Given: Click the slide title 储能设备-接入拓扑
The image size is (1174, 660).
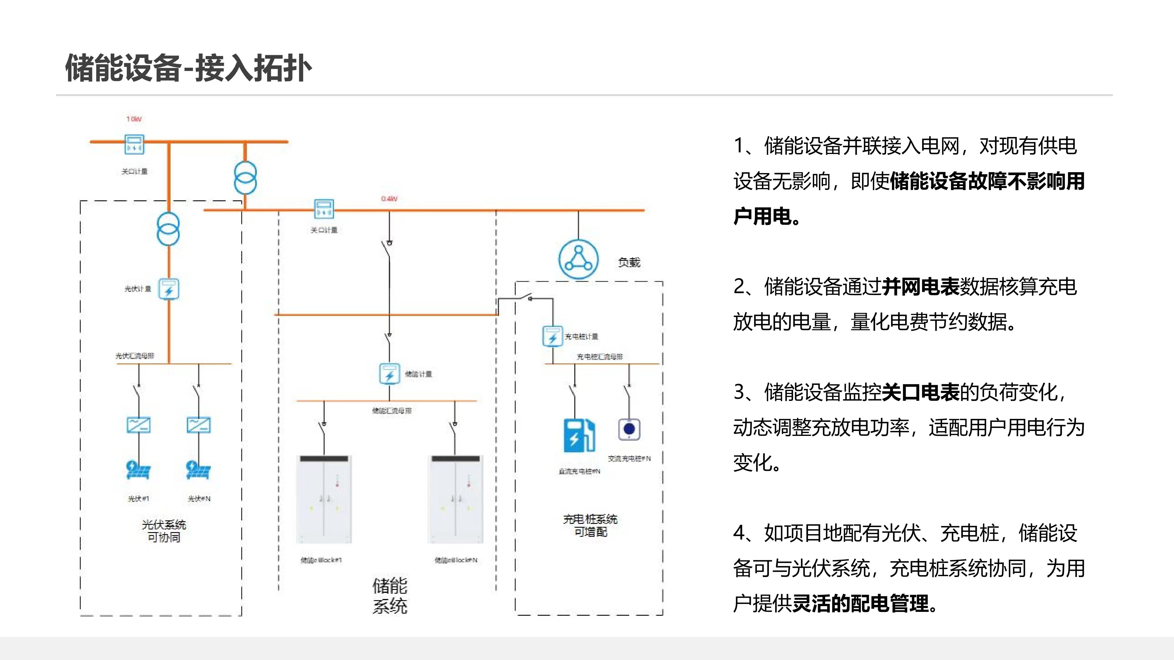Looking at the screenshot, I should tap(188, 68).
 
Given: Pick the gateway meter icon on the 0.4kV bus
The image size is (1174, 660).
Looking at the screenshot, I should tap(324, 209).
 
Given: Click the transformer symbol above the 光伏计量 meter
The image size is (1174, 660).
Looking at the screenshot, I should tap(168, 229).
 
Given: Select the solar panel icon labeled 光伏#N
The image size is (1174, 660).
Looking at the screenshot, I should tap(198, 470).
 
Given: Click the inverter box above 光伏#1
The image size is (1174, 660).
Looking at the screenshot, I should tap(139, 425).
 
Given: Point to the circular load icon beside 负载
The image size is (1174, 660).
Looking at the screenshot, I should tap(578, 259).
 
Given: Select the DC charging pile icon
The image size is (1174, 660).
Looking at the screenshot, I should tap(579, 435).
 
